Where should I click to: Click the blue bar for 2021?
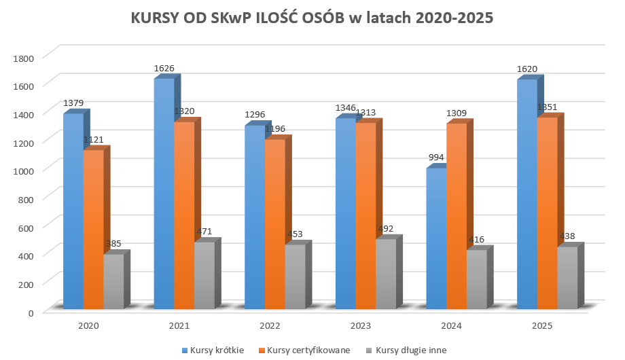[164, 197]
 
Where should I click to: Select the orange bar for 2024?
[456, 217]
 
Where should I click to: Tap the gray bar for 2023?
[385, 275]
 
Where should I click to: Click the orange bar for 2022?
[274, 224]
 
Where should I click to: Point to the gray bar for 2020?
[113, 282]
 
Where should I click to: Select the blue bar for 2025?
[526, 197]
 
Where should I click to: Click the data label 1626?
[164, 68]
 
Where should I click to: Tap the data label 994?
[436, 158]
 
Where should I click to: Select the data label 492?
[385, 229]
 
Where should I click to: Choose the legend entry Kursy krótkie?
[217, 350]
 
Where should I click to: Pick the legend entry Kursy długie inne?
[406, 350]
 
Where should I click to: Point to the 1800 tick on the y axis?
[24, 57]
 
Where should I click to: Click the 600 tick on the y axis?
[26, 227]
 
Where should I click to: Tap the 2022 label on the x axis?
[270, 326]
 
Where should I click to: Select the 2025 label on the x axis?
[541, 326]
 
